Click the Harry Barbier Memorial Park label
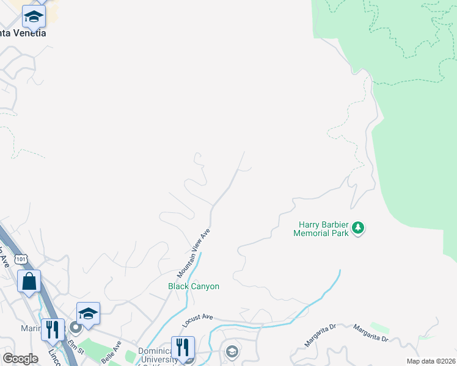[320, 229]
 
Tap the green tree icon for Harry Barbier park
[358, 229]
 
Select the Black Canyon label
[194, 286]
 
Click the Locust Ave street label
[199, 317]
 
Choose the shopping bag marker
[29, 281]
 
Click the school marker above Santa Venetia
[34, 16]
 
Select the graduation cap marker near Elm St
[88, 313]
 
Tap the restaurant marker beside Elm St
[53, 329]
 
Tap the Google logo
[20, 359]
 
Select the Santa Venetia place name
[23, 33]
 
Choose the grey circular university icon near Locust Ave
[232, 351]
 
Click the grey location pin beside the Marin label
[76, 328]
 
